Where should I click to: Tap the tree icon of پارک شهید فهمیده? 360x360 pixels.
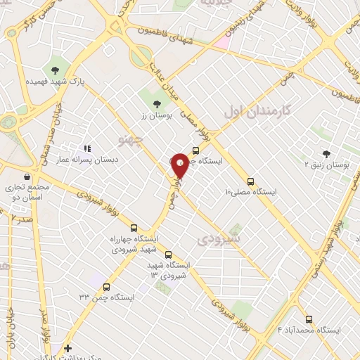pyautogui.click(x=55, y=69)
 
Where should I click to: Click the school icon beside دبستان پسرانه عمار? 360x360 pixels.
pyautogui.click(x=87, y=148)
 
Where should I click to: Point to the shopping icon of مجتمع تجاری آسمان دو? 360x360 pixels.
pyautogui.click(x=27, y=176)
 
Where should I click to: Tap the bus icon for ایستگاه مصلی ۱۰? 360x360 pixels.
pyautogui.click(x=251, y=181)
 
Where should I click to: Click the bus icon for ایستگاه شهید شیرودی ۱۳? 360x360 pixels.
pyautogui.click(x=167, y=255)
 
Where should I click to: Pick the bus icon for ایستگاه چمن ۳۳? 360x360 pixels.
pyautogui.click(x=106, y=287)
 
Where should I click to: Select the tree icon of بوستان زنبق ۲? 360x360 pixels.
pyautogui.click(x=326, y=153)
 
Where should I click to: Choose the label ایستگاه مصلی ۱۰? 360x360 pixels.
pyautogui.click(x=251, y=192)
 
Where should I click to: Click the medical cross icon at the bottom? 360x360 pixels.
pyautogui.click(x=67, y=348)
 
